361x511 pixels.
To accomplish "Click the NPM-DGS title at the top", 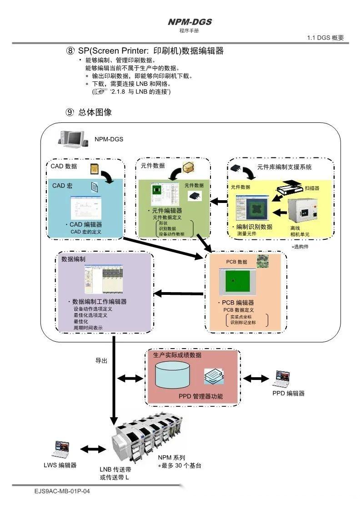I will (x=189, y=22).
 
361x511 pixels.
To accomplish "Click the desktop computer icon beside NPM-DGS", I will (x=72, y=139).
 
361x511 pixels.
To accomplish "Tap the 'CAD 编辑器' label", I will (x=84, y=224).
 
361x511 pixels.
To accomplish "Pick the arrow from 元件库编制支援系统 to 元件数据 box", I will (x=221, y=201).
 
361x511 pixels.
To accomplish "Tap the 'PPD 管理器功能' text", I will (x=201, y=396).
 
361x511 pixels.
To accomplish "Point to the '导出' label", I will (x=101, y=360).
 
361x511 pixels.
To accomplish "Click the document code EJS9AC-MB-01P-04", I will (x=62, y=491).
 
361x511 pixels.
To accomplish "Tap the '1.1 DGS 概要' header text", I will (x=326, y=38).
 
